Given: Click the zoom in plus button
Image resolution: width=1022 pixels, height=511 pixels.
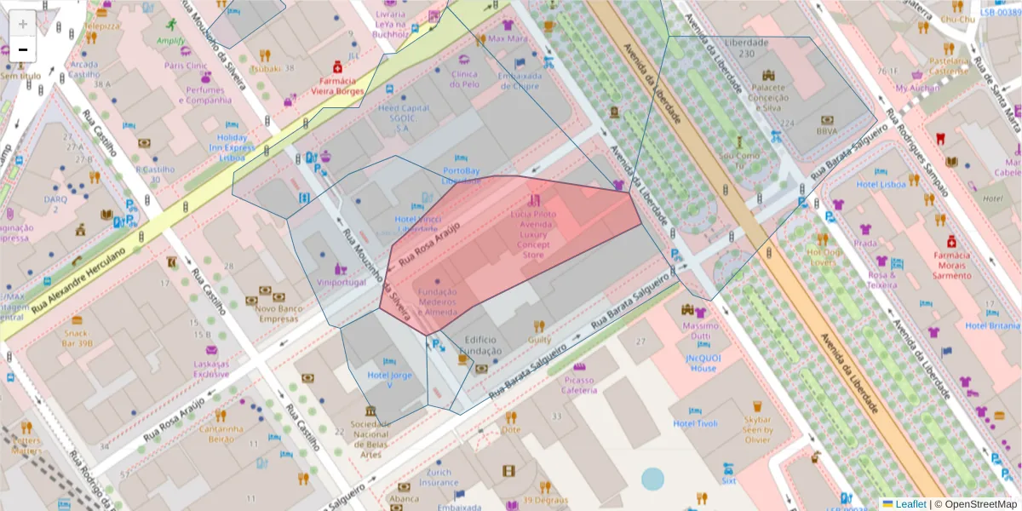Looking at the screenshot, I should [x=23, y=24].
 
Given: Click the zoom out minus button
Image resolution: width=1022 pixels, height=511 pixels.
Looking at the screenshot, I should [x=23, y=49].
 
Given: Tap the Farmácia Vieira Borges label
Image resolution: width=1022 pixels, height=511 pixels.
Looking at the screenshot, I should [x=336, y=85].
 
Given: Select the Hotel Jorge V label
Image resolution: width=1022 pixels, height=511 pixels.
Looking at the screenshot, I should [x=389, y=380].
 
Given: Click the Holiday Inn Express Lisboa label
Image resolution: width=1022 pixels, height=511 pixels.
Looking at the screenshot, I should [x=231, y=147].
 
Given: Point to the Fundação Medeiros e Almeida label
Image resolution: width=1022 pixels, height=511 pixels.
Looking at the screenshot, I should [x=438, y=301].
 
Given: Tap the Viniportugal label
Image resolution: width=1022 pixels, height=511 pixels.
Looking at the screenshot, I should [x=340, y=282].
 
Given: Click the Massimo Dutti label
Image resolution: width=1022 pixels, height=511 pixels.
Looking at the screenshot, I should [x=701, y=331].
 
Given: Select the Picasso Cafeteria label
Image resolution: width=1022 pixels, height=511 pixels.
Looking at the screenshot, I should [x=578, y=385].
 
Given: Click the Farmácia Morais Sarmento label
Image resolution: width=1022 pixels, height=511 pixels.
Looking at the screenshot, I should [x=951, y=265].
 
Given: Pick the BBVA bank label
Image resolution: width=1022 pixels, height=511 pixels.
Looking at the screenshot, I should [x=826, y=131].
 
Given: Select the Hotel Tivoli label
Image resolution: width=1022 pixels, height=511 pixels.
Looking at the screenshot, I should [x=695, y=423].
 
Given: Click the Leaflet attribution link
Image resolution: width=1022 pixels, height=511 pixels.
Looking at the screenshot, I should [x=910, y=504].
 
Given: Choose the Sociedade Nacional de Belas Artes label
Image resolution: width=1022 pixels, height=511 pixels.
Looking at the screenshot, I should [x=370, y=439].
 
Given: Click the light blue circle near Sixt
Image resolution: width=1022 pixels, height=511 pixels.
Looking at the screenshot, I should [x=652, y=479].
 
